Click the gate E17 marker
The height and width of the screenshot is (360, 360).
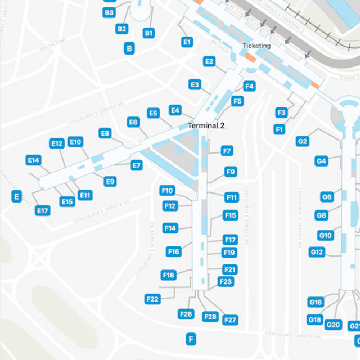[x=43, y=210]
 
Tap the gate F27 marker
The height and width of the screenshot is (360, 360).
[x=230, y=320]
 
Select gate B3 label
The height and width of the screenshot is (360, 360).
[x=109, y=12]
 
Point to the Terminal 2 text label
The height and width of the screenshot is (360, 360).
[x=206, y=126]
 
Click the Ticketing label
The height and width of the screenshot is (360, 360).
[x=256, y=46]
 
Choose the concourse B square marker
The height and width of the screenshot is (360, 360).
[x=130, y=49]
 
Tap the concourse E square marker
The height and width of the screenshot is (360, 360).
[x=17, y=196]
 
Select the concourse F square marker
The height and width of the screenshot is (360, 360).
[x=191, y=339]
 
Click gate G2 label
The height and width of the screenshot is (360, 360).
[x=303, y=141]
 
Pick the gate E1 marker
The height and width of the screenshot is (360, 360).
[x=187, y=42]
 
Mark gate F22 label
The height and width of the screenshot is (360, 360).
[x=152, y=299]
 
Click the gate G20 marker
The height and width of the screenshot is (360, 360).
[x=334, y=325]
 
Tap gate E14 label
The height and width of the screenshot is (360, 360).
[x=33, y=160]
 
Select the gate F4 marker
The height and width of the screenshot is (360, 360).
[x=250, y=86]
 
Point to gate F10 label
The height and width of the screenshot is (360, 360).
[x=168, y=191]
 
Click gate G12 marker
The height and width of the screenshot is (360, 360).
[x=317, y=252]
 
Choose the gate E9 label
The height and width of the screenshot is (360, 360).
[x=110, y=181]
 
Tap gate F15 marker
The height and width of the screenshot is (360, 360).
[x=231, y=215]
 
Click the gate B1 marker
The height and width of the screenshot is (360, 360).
[x=148, y=33]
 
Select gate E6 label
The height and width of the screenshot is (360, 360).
[x=133, y=122]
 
